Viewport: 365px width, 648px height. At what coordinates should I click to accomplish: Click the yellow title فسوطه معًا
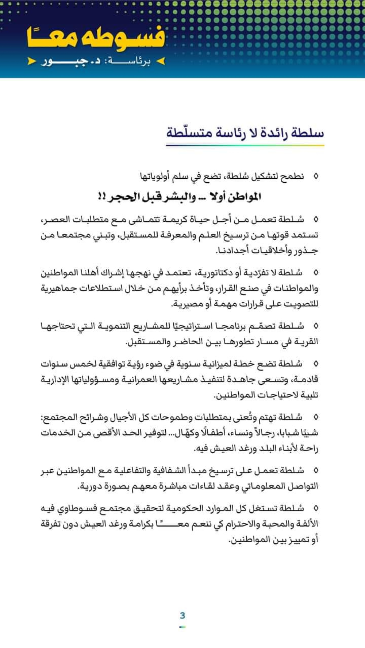[x=96, y=38]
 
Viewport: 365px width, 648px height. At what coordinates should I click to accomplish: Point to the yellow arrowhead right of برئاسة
[x=160, y=61]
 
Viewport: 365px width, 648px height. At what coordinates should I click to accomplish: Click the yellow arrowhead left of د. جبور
[x=32, y=61]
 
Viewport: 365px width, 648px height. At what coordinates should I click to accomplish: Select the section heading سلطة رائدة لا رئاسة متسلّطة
[x=245, y=132]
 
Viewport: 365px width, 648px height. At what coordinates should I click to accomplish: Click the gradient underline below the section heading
[x=245, y=145]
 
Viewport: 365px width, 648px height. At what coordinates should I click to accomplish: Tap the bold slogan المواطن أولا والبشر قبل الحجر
[x=180, y=197]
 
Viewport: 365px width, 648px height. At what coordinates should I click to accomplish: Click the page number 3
[x=182, y=616]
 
